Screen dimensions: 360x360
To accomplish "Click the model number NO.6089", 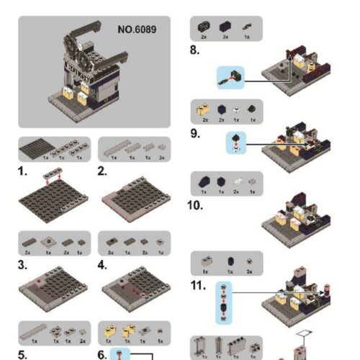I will tap(136, 30).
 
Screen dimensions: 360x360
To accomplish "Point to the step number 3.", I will tap(24, 264).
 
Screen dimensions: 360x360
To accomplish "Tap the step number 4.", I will tap(103, 264).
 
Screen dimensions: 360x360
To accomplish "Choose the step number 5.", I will tap(24, 354).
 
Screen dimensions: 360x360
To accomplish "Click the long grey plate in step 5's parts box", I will tap(34, 332).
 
